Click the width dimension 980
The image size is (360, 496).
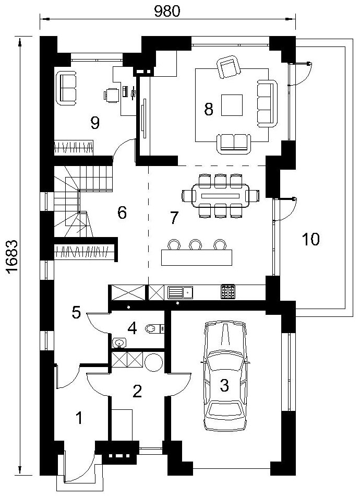[167, 11]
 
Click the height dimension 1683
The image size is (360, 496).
[11, 257]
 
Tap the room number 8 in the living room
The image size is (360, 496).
[209, 110]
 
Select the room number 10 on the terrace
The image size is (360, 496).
[311, 239]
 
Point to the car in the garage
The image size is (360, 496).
[224, 376]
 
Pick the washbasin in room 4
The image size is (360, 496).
[119, 343]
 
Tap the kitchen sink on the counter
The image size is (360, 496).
[180, 292]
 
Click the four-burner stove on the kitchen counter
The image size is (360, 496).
[227, 292]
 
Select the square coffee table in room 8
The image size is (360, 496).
[232, 105]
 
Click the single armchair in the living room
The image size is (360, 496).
[227, 67]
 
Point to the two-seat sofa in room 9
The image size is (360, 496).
[66, 88]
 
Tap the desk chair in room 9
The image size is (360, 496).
[111, 95]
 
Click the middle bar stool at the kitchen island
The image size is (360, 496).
[195, 244]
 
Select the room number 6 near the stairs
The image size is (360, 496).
[122, 212]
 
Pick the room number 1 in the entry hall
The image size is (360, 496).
[80, 418]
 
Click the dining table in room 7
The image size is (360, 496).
[221, 195]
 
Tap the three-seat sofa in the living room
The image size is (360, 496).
[268, 104]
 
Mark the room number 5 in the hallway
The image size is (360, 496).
[77, 313]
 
